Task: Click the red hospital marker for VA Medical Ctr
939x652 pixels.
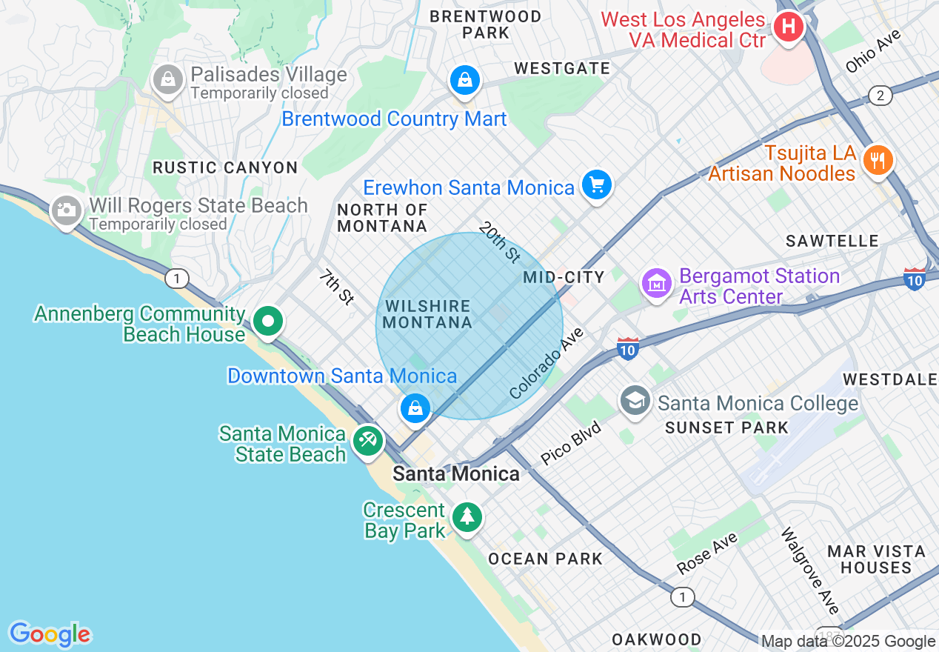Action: (788, 27)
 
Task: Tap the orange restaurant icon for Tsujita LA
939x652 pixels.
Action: (878, 159)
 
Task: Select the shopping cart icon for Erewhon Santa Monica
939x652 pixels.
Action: (596, 184)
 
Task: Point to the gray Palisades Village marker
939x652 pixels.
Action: (167, 79)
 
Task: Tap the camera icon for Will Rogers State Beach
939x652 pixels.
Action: (67, 210)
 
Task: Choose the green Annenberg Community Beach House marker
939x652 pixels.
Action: (268, 322)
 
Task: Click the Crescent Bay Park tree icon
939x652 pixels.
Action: (467, 516)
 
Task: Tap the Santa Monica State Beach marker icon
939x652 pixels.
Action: (368, 440)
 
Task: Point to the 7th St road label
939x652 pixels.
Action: (337, 287)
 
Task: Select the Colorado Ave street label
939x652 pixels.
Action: (547, 363)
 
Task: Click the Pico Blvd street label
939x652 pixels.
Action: (570, 444)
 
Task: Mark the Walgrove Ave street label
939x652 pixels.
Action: (811, 570)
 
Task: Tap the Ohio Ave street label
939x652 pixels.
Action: (875, 50)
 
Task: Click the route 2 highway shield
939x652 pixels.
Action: (880, 96)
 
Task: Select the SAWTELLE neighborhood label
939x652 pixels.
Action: (832, 241)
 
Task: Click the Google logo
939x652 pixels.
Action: (50, 634)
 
